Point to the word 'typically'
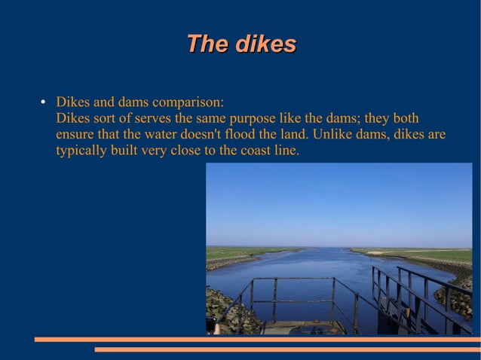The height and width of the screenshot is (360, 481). tap(81, 151)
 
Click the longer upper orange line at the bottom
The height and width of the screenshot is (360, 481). tap(257, 340)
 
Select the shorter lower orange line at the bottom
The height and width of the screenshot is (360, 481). tap(287, 349)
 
